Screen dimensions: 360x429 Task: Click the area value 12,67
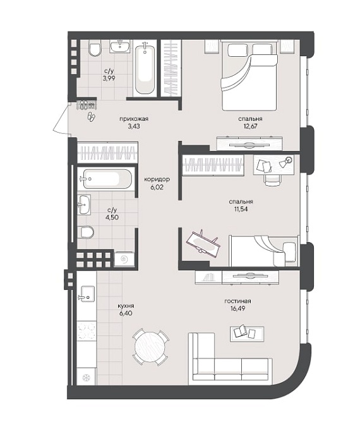pyautogui.click(x=250, y=126)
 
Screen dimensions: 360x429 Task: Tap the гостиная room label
pyautogui.click(x=237, y=301)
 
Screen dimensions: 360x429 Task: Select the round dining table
pyautogui.click(x=150, y=347)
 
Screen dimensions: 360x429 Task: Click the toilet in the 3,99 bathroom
pyautogui.click(x=95, y=48)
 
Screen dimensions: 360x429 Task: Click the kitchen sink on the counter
pyautogui.click(x=87, y=294)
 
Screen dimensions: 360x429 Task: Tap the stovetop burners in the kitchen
pyautogui.click(x=87, y=331)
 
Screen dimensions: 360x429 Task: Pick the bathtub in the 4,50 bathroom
pyautogui.click(x=107, y=179)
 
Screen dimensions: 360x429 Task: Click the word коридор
pyautogui.click(x=157, y=179)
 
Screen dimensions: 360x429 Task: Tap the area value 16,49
pyautogui.click(x=237, y=308)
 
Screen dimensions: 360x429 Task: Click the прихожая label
pyautogui.click(x=134, y=119)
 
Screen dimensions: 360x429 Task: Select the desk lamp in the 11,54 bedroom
pyautogui.click(x=285, y=162)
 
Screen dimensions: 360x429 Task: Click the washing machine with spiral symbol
pyautogui.click(x=124, y=259)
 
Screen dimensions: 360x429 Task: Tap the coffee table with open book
pyautogui.click(x=247, y=334)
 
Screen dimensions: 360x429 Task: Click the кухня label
pyautogui.click(x=126, y=306)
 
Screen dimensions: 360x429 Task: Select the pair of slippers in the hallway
pyautogui.click(x=91, y=116)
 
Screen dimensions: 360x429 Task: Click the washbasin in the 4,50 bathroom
pyautogui.click(x=84, y=205)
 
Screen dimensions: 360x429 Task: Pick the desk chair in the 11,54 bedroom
pyautogui.click(x=273, y=180)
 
